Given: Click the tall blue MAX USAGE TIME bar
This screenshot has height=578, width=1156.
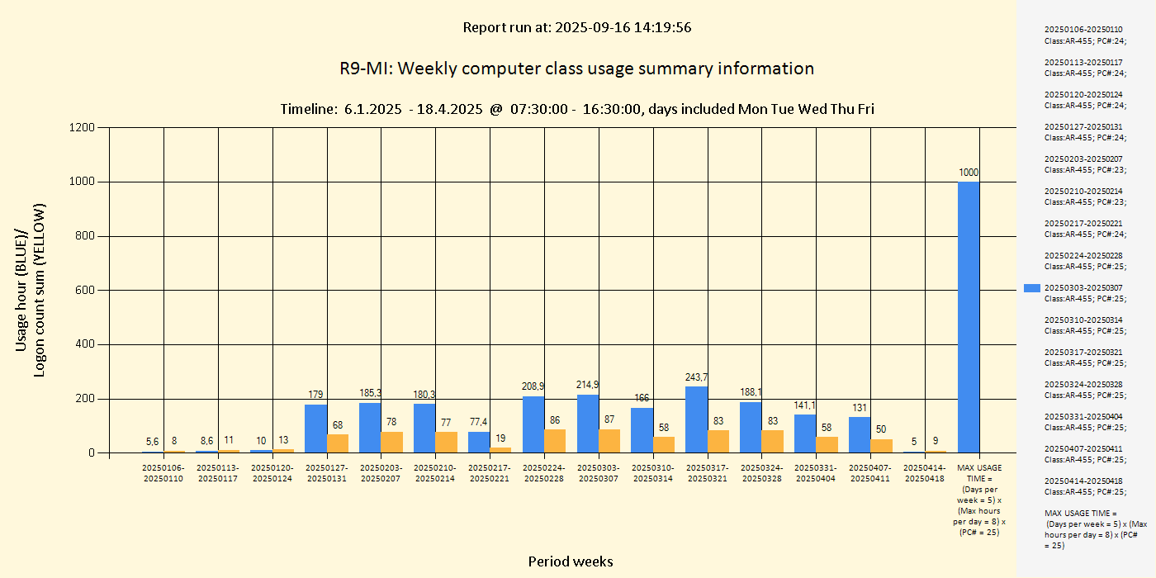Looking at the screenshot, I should (x=969, y=317).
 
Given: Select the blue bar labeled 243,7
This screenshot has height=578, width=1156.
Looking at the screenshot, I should (x=697, y=419).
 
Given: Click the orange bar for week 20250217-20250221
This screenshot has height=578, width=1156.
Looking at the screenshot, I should (x=500, y=450).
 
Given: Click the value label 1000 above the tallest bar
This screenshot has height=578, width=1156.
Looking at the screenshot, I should (x=969, y=172).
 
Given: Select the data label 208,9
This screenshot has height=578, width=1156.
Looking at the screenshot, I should (x=533, y=386).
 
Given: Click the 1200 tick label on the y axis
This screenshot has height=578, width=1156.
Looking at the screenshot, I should (x=82, y=127).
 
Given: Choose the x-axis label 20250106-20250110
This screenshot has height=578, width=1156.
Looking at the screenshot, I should (x=163, y=473).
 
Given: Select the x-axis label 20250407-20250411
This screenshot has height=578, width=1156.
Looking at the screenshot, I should (x=871, y=473).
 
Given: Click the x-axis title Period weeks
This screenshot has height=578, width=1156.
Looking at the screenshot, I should (x=571, y=561).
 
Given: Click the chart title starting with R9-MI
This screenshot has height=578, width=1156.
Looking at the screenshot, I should (x=576, y=69).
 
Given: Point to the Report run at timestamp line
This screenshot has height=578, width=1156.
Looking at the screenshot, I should (x=576, y=27).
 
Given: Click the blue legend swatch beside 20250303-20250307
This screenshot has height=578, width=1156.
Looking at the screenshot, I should (x=1031, y=288).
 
